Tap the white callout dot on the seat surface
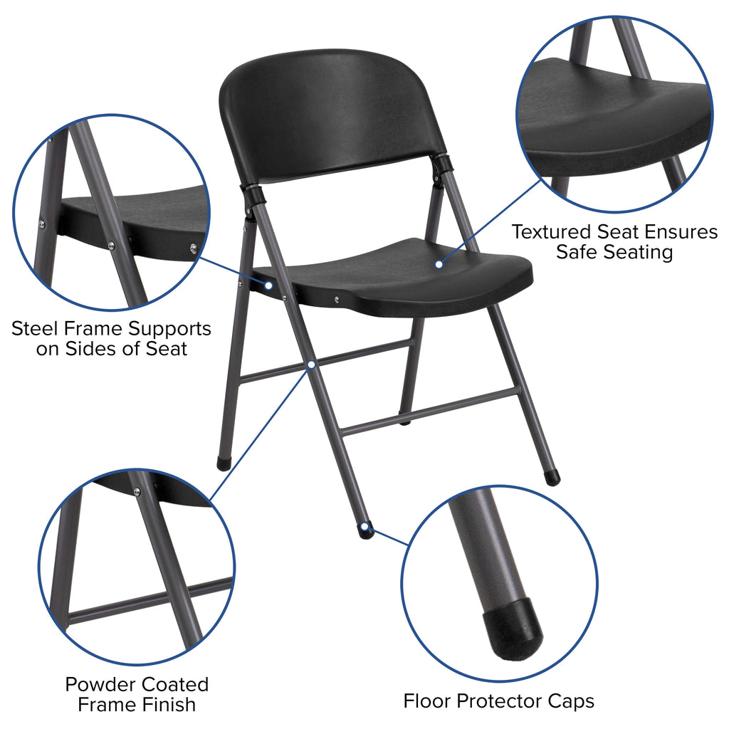(439, 264)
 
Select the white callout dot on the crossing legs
(312, 364)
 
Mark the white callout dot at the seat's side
(269, 285)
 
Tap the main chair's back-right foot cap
(552, 478)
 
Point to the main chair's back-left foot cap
(224, 463)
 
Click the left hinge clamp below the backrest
(252, 195)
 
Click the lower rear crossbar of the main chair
(427, 413)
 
